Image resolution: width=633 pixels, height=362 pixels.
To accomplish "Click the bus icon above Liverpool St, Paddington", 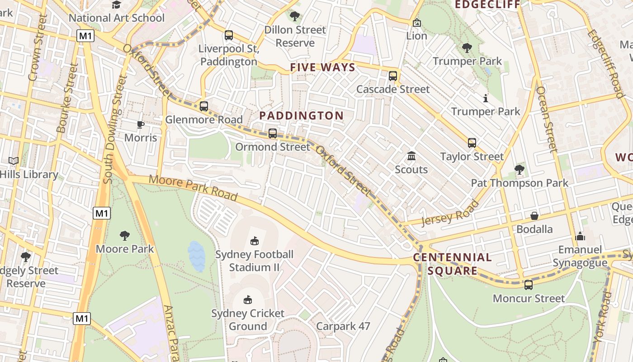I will pos(229,35).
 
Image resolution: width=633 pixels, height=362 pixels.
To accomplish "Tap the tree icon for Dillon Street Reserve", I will pos(295,17).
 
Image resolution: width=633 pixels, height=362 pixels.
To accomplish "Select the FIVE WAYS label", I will pos(322,67).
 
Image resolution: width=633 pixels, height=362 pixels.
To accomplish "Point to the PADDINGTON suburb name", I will pos(302,115).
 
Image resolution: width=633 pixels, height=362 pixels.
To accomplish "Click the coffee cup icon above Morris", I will pos(141,124).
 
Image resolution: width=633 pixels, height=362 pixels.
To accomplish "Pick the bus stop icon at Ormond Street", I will pos(273,133).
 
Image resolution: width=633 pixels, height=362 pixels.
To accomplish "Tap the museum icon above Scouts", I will pos(411,156).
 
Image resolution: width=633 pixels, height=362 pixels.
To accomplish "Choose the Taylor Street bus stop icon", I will pos(472,143).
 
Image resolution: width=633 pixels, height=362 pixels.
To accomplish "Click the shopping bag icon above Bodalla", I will pos(534,216).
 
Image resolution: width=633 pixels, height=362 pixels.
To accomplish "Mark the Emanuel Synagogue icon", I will pos(580,236).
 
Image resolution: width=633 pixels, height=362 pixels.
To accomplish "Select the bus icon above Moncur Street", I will pos(529,285).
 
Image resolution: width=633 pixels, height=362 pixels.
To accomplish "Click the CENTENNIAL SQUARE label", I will pos(453,264).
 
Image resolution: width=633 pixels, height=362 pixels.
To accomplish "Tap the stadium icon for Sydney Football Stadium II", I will pos(255,241).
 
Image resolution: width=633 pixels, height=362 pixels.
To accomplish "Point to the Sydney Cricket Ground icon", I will pos(248,300).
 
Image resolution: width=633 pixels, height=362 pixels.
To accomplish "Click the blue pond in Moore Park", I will pos(197,256).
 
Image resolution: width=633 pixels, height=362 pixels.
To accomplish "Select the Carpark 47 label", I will pos(343,326).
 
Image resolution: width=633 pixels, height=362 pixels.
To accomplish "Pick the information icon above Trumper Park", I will pos(486,98).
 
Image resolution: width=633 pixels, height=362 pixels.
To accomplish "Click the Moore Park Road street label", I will pos(193,187).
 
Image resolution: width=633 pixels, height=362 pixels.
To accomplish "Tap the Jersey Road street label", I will pos(449,212).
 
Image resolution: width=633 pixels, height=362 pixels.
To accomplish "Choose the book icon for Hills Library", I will pos(14,161).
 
